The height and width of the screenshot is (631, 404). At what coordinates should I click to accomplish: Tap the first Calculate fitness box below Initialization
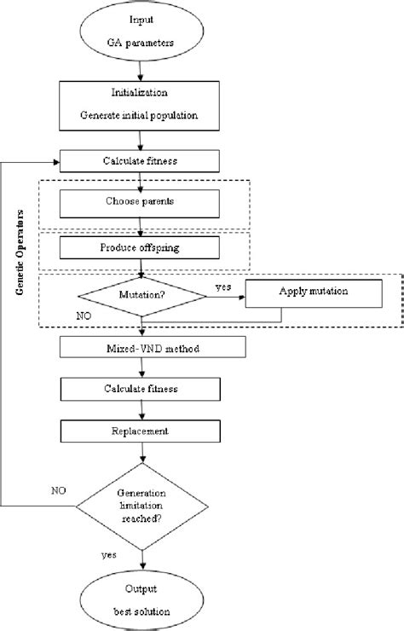pyautogui.click(x=140, y=160)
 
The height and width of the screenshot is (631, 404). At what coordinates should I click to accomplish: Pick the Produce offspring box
pyautogui.click(x=140, y=247)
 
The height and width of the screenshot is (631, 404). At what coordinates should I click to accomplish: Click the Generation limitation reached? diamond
pyautogui.click(x=141, y=507)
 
